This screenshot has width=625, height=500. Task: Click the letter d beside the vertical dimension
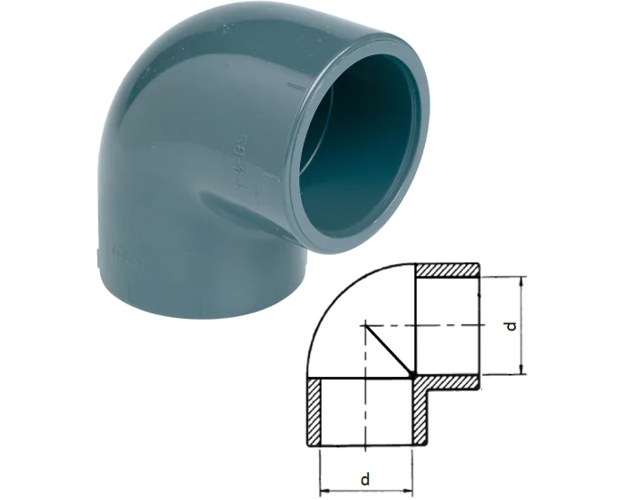(511, 326)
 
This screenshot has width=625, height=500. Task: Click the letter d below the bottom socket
(366, 479)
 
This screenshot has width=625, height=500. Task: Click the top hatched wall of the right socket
(446, 270)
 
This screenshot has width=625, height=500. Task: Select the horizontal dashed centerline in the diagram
(446, 326)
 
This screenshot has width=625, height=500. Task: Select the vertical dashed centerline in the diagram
(364, 402)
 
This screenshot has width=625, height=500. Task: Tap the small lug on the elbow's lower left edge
(96, 259)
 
